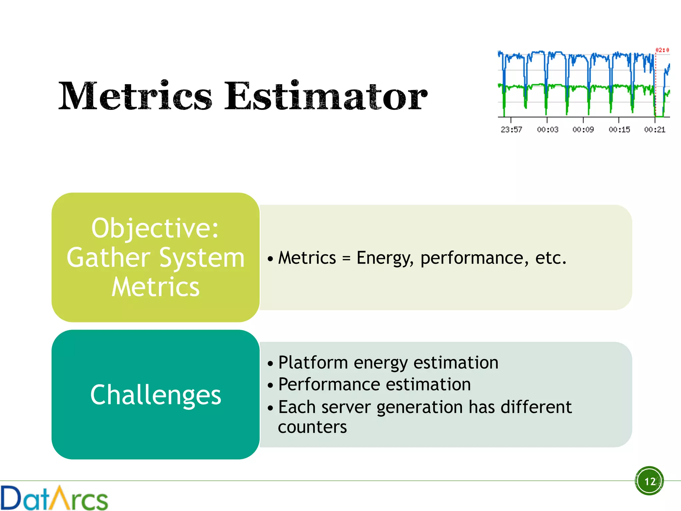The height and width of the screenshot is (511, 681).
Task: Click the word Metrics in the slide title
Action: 135,96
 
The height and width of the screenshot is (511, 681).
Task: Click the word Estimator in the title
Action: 326,96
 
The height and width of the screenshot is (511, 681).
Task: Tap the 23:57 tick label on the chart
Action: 511,130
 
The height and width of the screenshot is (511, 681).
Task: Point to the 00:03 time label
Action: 547,130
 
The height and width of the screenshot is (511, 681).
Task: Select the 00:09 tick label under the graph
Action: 583,130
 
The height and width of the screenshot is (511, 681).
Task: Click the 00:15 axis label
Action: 619,130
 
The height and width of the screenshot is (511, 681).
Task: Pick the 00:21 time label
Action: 654,130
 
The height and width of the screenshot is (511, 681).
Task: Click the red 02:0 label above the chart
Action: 662,50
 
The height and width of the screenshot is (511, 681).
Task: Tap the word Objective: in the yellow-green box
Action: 155,229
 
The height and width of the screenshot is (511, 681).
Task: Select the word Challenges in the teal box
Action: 155,395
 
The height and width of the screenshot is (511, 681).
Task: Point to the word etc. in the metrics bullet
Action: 551,258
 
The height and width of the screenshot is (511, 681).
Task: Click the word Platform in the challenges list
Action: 313,363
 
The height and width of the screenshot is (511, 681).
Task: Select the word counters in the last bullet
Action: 312,427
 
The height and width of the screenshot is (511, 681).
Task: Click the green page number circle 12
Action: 649,481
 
